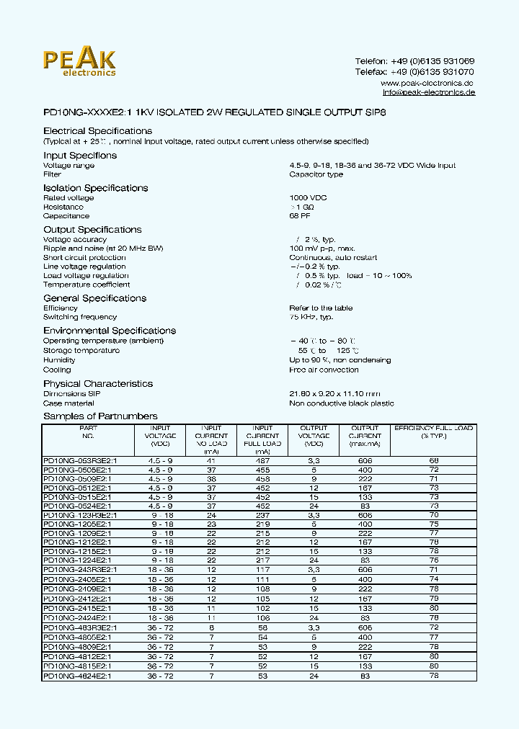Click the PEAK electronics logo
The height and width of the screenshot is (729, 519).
[79, 62]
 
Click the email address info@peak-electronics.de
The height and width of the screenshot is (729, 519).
[428, 93]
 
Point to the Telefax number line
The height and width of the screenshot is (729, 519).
[414, 72]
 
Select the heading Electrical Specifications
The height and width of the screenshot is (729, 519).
[97, 131]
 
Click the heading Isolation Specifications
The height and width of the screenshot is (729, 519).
[95, 188]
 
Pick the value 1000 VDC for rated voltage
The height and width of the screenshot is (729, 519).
[308, 198]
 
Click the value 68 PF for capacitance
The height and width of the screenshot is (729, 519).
[301, 216]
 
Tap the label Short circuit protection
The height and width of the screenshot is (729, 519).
[84, 258]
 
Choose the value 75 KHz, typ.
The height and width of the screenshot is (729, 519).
[311, 317]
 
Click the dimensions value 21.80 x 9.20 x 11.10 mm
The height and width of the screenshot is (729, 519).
[334, 394]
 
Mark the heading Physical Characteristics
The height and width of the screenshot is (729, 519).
[98, 384]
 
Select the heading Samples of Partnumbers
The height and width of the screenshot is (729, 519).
[100, 416]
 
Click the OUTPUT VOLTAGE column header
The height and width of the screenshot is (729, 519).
[314, 436]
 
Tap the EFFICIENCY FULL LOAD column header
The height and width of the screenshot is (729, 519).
[433, 432]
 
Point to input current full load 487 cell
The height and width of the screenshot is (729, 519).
[262, 460]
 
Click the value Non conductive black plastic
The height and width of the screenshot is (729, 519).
[342, 403]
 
